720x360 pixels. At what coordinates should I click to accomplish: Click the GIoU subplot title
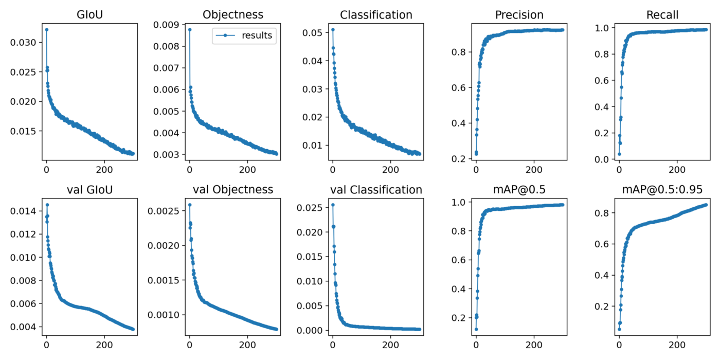pyautogui.click(x=89, y=15)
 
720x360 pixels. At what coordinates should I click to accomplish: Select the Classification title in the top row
pyautogui.click(x=376, y=15)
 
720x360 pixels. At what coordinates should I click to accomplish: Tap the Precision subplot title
pyautogui.click(x=519, y=15)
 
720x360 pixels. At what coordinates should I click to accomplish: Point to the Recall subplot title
pyautogui.click(x=662, y=15)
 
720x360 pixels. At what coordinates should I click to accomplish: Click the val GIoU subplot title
pyautogui.click(x=89, y=190)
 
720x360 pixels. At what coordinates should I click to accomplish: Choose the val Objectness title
pyautogui.click(x=233, y=190)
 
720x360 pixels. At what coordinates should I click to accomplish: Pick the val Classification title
pyautogui.click(x=376, y=190)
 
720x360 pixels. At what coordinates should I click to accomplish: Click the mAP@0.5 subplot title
pyautogui.click(x=519, y=190)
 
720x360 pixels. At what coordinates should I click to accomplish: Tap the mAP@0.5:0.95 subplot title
pyautogui.click(x=662, y=190)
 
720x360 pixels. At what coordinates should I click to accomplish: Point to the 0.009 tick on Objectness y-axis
pyautogui.click(x=168, y=25)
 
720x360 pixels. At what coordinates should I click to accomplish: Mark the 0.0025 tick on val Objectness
pyautogui.click(x=164, y=211)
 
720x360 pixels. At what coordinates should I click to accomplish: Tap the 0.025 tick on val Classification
pyautogui.click(x=311, y=208)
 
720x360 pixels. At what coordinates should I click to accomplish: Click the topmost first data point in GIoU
pyautogui.click(x=46, y=29)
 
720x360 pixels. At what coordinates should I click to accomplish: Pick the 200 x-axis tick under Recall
pyautogui.click(x=677, y=169)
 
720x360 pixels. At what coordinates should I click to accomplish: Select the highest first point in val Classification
pyautogui.click(x=332, y=205)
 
